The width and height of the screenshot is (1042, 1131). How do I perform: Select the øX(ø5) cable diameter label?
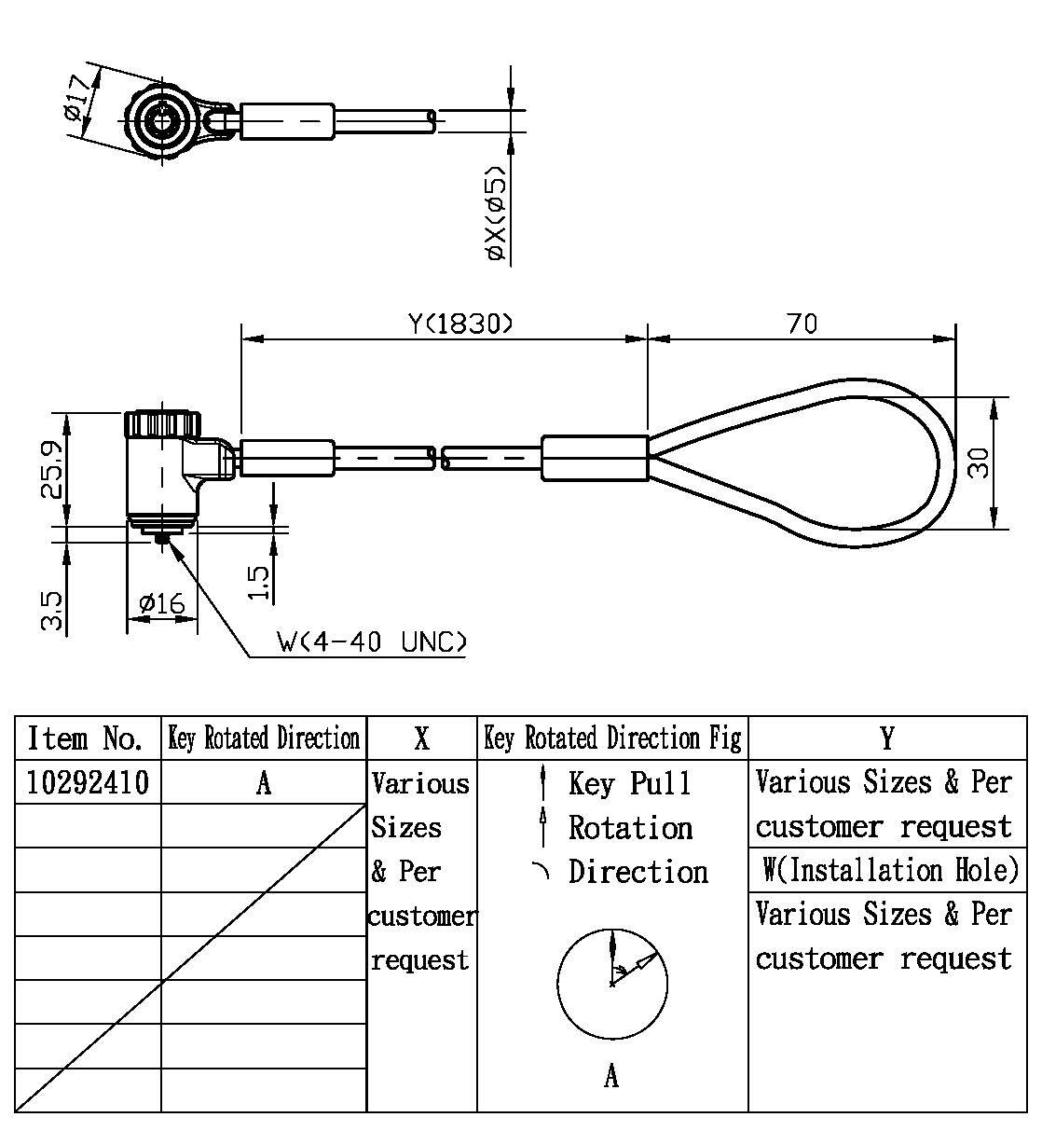click(496, 215)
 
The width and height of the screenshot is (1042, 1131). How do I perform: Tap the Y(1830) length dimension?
click(459, 324)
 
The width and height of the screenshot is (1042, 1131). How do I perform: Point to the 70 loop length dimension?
click(801, 324)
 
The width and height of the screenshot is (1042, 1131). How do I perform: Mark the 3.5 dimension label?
click(52, 611)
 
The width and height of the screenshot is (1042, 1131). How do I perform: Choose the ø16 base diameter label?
click(161, 604)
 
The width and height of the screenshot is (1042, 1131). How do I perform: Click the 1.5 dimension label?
click(260, 583)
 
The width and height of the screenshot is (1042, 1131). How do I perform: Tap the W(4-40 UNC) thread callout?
click(371, 642)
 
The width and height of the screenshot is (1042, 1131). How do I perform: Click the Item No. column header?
click(86, 739)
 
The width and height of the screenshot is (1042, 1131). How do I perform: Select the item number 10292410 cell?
click(88, 782)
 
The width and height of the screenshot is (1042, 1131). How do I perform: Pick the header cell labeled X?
click(421, 739)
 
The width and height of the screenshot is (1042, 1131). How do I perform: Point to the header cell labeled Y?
click(886, 739)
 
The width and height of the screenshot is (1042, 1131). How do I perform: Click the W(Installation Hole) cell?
click(889, 870)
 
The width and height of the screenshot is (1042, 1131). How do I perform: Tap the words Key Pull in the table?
click(630, 783)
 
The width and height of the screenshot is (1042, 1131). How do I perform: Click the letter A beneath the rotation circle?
click(611, 1077)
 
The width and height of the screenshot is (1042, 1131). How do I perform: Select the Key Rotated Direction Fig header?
click(612, 739)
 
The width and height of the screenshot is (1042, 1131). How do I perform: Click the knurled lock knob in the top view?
click(164, 121)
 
